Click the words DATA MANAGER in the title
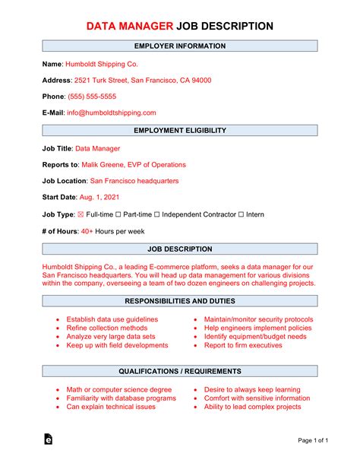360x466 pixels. (130, 27)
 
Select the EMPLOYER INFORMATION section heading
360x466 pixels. (179, 46)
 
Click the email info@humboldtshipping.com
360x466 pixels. (112, 113)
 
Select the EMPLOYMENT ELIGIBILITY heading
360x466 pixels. (179, 131)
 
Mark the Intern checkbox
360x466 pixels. (242, 214)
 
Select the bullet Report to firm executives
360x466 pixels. (243, 345)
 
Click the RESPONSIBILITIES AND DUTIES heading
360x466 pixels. (179, 301)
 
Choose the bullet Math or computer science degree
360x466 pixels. (118, 389)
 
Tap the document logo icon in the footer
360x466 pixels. (49, 439)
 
